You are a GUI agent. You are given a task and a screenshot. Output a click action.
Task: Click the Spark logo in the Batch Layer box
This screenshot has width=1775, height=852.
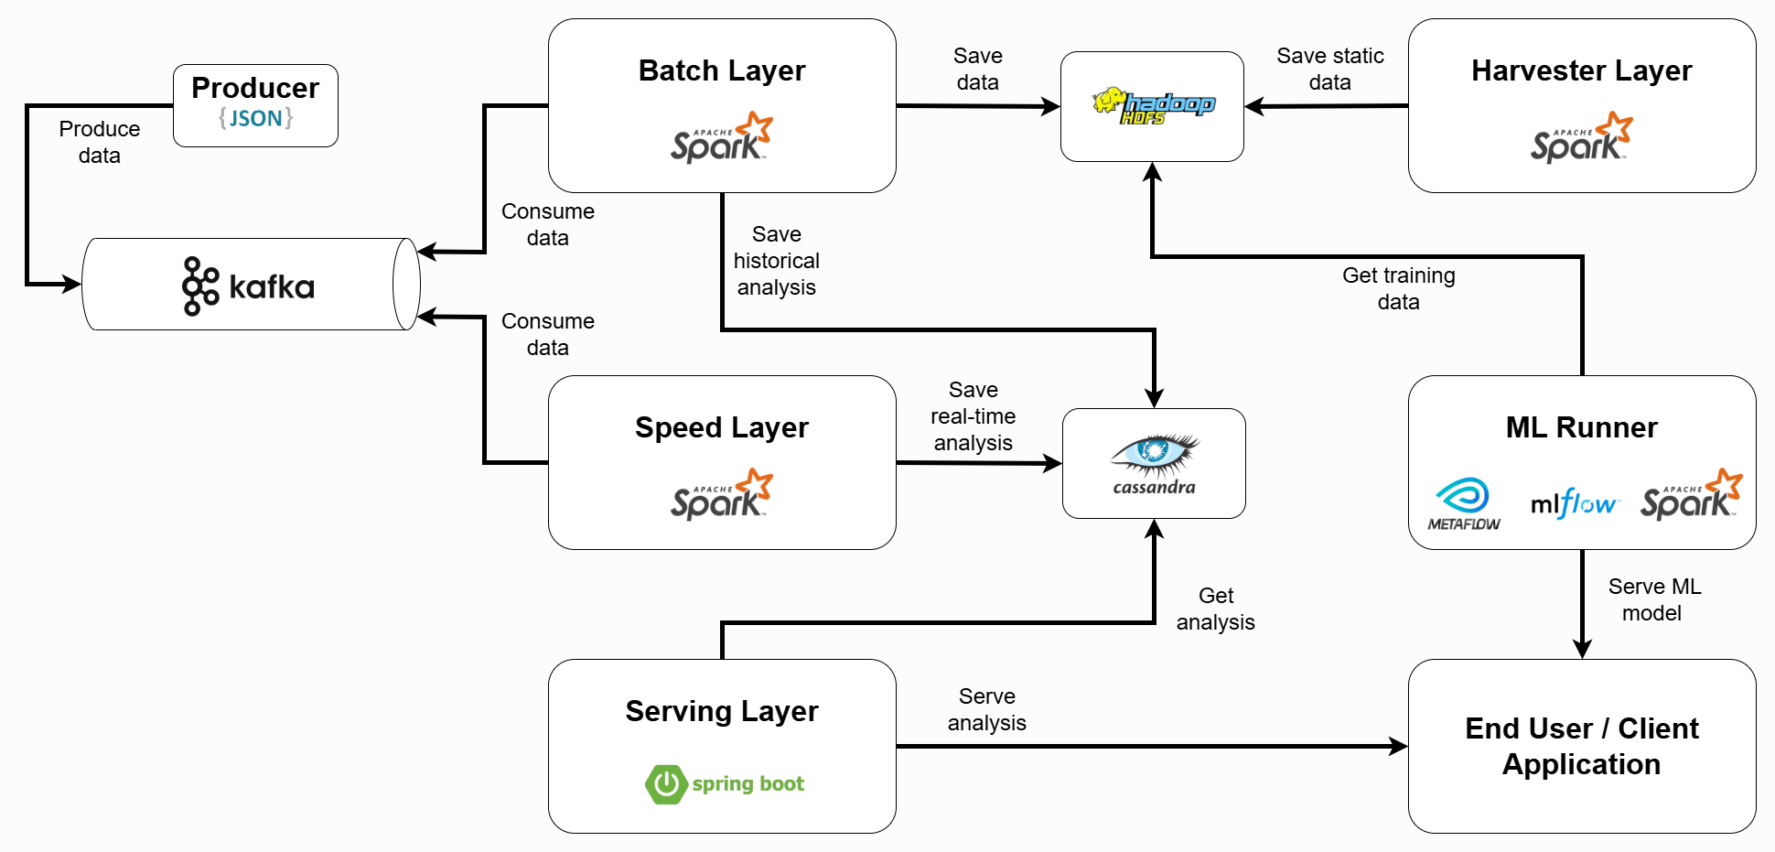point(722,138)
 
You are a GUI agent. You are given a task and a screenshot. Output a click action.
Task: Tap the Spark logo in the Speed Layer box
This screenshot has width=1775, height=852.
point(722,495)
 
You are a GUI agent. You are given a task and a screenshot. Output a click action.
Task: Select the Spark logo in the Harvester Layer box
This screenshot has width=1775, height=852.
point(1582,138)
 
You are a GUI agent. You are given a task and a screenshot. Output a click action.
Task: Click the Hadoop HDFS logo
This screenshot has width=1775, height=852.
point(1153,106)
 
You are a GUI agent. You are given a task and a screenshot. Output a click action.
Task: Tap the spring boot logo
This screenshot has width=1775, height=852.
point(725,784)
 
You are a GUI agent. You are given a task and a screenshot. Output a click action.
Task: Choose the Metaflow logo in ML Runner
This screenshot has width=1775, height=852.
point(1464,504)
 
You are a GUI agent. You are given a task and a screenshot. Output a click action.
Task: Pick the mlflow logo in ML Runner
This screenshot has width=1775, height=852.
point(1574,503)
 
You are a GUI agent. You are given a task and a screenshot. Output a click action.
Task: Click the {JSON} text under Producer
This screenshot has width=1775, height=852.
point(255,118)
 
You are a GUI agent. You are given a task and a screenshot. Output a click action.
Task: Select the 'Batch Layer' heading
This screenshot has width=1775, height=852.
point(722,70)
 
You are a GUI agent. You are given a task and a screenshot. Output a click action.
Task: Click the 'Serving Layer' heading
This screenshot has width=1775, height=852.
point(722,711)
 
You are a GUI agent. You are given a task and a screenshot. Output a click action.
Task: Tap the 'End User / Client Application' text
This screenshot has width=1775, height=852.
point(1582,746)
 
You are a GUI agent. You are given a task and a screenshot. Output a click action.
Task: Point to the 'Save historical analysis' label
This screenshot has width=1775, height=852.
point(777,261)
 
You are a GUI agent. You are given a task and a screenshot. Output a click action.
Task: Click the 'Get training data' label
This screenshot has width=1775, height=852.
point(1399,288)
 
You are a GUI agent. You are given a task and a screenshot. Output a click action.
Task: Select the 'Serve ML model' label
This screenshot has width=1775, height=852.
point(1654,599)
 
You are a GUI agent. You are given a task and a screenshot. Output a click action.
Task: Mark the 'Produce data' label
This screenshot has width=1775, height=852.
point(100,142)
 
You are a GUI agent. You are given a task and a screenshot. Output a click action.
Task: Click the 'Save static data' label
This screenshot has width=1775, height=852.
point(1330,69)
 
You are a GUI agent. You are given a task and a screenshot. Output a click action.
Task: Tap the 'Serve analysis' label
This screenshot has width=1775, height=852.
point(987,709)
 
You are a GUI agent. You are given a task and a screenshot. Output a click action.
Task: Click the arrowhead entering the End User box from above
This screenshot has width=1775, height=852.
point(1582,649)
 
